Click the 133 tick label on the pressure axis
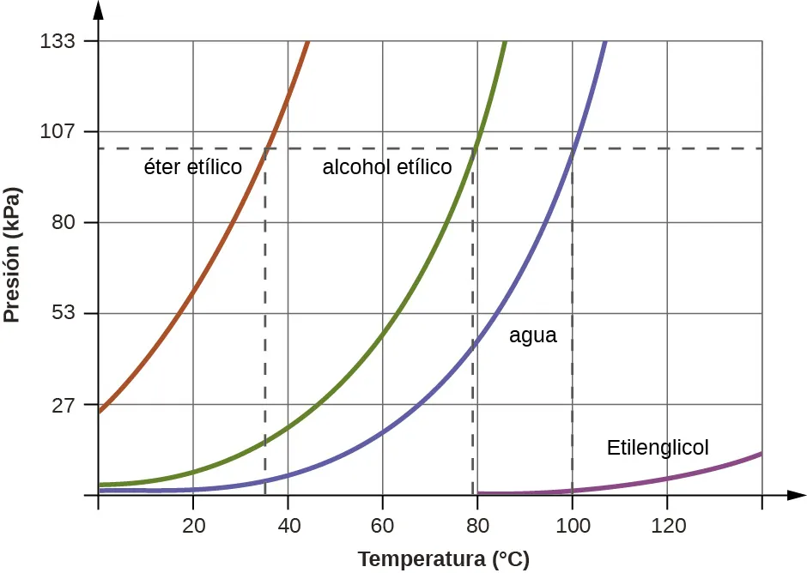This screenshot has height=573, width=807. [59, 41]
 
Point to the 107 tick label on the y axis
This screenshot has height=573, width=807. [59, 132]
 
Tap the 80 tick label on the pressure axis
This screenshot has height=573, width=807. [64, 223]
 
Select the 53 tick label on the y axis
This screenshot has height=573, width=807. [64, 314]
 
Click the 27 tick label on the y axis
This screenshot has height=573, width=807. [64, 405]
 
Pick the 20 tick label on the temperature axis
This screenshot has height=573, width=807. [193, 525]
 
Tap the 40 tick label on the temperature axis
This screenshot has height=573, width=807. [288, 525]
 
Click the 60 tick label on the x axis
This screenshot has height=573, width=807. [383, 525]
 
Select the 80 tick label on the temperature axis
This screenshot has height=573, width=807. [477, 525]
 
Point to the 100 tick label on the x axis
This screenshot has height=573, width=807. [572, 525]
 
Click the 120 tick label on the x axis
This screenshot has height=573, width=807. [667, 525]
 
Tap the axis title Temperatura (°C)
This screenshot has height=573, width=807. [443, 560]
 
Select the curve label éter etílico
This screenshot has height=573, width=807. [192, 167]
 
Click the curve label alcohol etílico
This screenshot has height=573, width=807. [386, 167]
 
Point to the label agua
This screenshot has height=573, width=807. [532, 336]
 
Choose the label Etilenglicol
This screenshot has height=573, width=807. [658, 448]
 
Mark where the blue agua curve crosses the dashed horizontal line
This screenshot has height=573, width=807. [573, 148]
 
